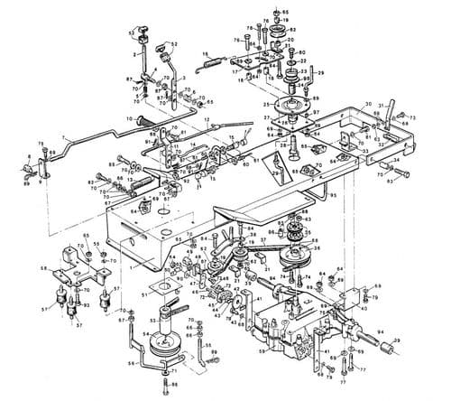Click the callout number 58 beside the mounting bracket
(x=43, y=268)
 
